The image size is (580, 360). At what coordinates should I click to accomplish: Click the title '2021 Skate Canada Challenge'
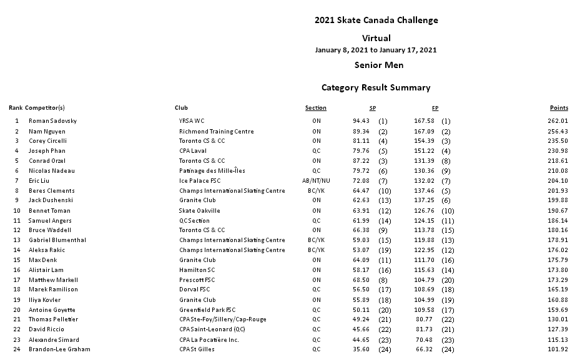(376, 20)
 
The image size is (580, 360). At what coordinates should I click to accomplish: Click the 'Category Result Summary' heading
(376, 88)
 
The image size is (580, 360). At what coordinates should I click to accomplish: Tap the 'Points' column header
(559, 108)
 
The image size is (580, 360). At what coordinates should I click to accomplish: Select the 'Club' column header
(181, 108)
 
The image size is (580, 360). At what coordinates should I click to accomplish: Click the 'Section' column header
(316, 108)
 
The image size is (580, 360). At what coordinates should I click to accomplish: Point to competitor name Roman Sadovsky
(52, 121)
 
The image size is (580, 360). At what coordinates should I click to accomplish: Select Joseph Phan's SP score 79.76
(361, 151)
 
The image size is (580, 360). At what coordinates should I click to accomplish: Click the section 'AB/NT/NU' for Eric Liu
(316, 181)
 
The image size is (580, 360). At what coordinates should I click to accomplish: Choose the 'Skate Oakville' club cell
(199, 211)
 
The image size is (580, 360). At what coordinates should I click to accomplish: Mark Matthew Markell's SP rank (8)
(383, 280)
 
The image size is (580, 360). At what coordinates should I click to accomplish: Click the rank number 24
(17, 349)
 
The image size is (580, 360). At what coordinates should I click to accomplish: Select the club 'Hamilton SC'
(197, 270)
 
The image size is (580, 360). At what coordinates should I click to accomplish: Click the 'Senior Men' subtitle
(378, 65)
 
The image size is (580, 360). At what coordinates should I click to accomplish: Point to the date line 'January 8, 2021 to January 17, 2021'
(376, 50)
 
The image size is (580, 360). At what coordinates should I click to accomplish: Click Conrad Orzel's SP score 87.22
(361, 161)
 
